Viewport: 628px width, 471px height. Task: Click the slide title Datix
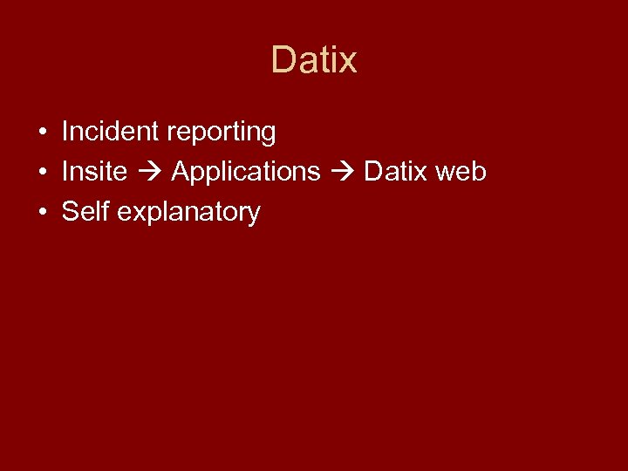pos(314,60)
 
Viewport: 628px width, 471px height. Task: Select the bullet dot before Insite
pos(42,173)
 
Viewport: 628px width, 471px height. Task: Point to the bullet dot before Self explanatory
pos(42,213)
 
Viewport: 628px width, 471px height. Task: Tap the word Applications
pos(246,173)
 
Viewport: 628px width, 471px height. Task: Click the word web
pos(461,172)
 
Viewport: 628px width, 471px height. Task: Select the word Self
pos(85,212)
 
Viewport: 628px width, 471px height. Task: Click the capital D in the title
pos(283,60)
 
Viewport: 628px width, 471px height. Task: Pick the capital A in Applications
pos(181,172)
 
